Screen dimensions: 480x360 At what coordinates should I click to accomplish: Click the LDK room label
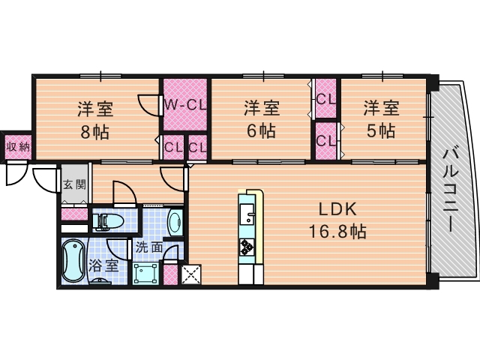pyautogui.click(x=337, y=210)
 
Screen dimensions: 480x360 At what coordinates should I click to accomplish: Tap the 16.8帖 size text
pyautogui.click(x=337, y=232)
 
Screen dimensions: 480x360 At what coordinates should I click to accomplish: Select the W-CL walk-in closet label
pyautogui.click(x=185, y=105)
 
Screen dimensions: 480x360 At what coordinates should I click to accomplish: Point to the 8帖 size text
pyautogui.click(x=94, y=132)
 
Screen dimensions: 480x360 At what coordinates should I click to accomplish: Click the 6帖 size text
pyautogui.click(x=261, y=130)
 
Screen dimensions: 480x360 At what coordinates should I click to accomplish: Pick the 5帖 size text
pyautogui.click(x=381, y=130)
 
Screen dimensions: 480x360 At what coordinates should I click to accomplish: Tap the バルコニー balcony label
pyautogui.click(x=451, y=190)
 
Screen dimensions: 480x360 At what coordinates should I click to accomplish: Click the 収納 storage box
pyautogui.click(x=18, y=147)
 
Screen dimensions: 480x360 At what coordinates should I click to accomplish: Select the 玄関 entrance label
pyautogui.click(x=74, y=184)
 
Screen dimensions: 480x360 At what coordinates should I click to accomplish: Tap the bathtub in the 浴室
pyautogui.click(x=73, y=261)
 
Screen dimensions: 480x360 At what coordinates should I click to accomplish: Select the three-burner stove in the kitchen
pyautogui.click(x=247, y=247)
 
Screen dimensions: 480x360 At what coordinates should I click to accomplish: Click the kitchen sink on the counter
pyautogui.click(x=247, y=214)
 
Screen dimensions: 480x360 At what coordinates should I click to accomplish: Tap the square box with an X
pyautogui.click(x=191, y=274)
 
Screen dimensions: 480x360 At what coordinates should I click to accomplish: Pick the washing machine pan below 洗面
pyautogui.click(x=145, y=273)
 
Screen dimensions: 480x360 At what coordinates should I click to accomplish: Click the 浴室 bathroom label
pyautogui.click(x=103, y=265)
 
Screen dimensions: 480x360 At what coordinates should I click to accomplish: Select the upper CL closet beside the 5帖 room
pyautogui.click(x=326, y=98)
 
